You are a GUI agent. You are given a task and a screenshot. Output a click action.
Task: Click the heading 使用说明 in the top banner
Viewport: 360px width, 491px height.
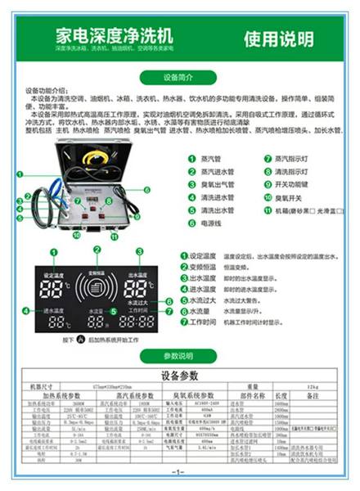point(279,38)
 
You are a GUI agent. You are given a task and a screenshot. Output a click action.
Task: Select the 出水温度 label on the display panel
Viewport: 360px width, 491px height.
point(136,276)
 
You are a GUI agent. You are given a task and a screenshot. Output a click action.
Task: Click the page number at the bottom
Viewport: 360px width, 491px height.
point(179,472)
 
